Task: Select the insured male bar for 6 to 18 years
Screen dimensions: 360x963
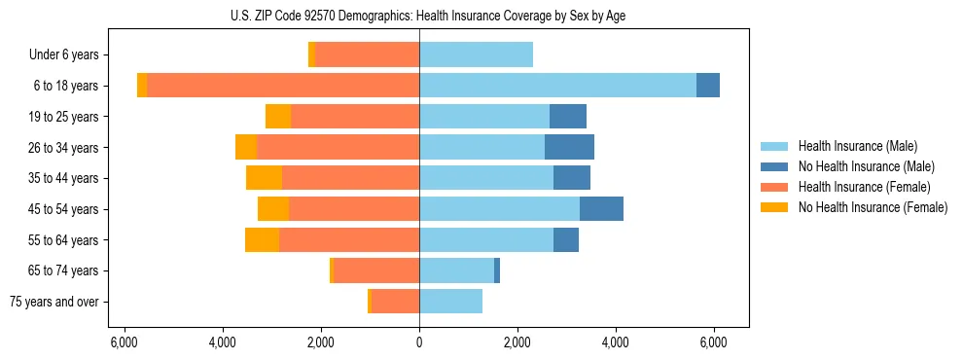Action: click(557, 86)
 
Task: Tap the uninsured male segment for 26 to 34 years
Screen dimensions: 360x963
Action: click(569, 147)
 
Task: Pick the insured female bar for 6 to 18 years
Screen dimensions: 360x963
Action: click(282, 86)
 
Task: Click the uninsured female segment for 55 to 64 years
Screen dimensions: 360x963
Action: click(262, 239)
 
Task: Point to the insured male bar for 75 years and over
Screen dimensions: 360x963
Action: click(450, 302)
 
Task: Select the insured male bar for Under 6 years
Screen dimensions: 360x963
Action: click(476, 54)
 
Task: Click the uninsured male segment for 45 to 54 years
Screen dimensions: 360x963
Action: click(601, 209)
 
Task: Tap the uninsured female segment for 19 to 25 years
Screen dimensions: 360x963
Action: click(278, 117)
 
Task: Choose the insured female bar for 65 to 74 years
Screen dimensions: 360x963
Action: click(376, 270)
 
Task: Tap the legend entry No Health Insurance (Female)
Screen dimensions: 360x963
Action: click(873, 207)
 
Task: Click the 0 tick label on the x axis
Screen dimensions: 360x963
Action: click(419, 342)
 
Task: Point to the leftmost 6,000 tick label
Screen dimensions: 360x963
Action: click(124, 342)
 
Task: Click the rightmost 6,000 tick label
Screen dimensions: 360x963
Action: click(714, 342)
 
